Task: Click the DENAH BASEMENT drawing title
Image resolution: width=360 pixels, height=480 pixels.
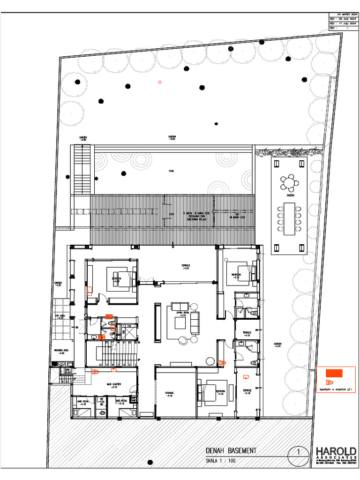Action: pyautogui.click(x=231, y=451)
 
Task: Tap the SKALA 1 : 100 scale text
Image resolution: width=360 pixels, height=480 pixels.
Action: pyautogui.click(x=220, y=461)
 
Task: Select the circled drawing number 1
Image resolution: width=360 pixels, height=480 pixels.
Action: pyautogui.click(x=299, y=452)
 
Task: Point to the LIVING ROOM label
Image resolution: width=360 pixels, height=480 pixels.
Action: pyautogui.click(x=182, y=313)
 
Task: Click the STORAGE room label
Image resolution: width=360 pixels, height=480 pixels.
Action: pyautogui.click(x=169, y=393)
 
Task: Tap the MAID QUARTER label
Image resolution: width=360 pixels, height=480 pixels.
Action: pyautogui.click(x=114, y=385)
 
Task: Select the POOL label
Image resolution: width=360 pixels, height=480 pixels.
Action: pyautogui.click(x=172, y=171)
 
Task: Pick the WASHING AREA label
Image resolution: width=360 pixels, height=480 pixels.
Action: pyautogui.click(x=61, y=351)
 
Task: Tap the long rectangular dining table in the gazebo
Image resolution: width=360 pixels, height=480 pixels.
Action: pyautogui.click(x=289, y=218)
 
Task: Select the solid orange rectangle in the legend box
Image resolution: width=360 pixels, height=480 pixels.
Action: pyautogui.click(x=335, y=373)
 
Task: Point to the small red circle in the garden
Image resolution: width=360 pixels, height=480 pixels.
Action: pyautogui.click(x=160, y=82)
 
